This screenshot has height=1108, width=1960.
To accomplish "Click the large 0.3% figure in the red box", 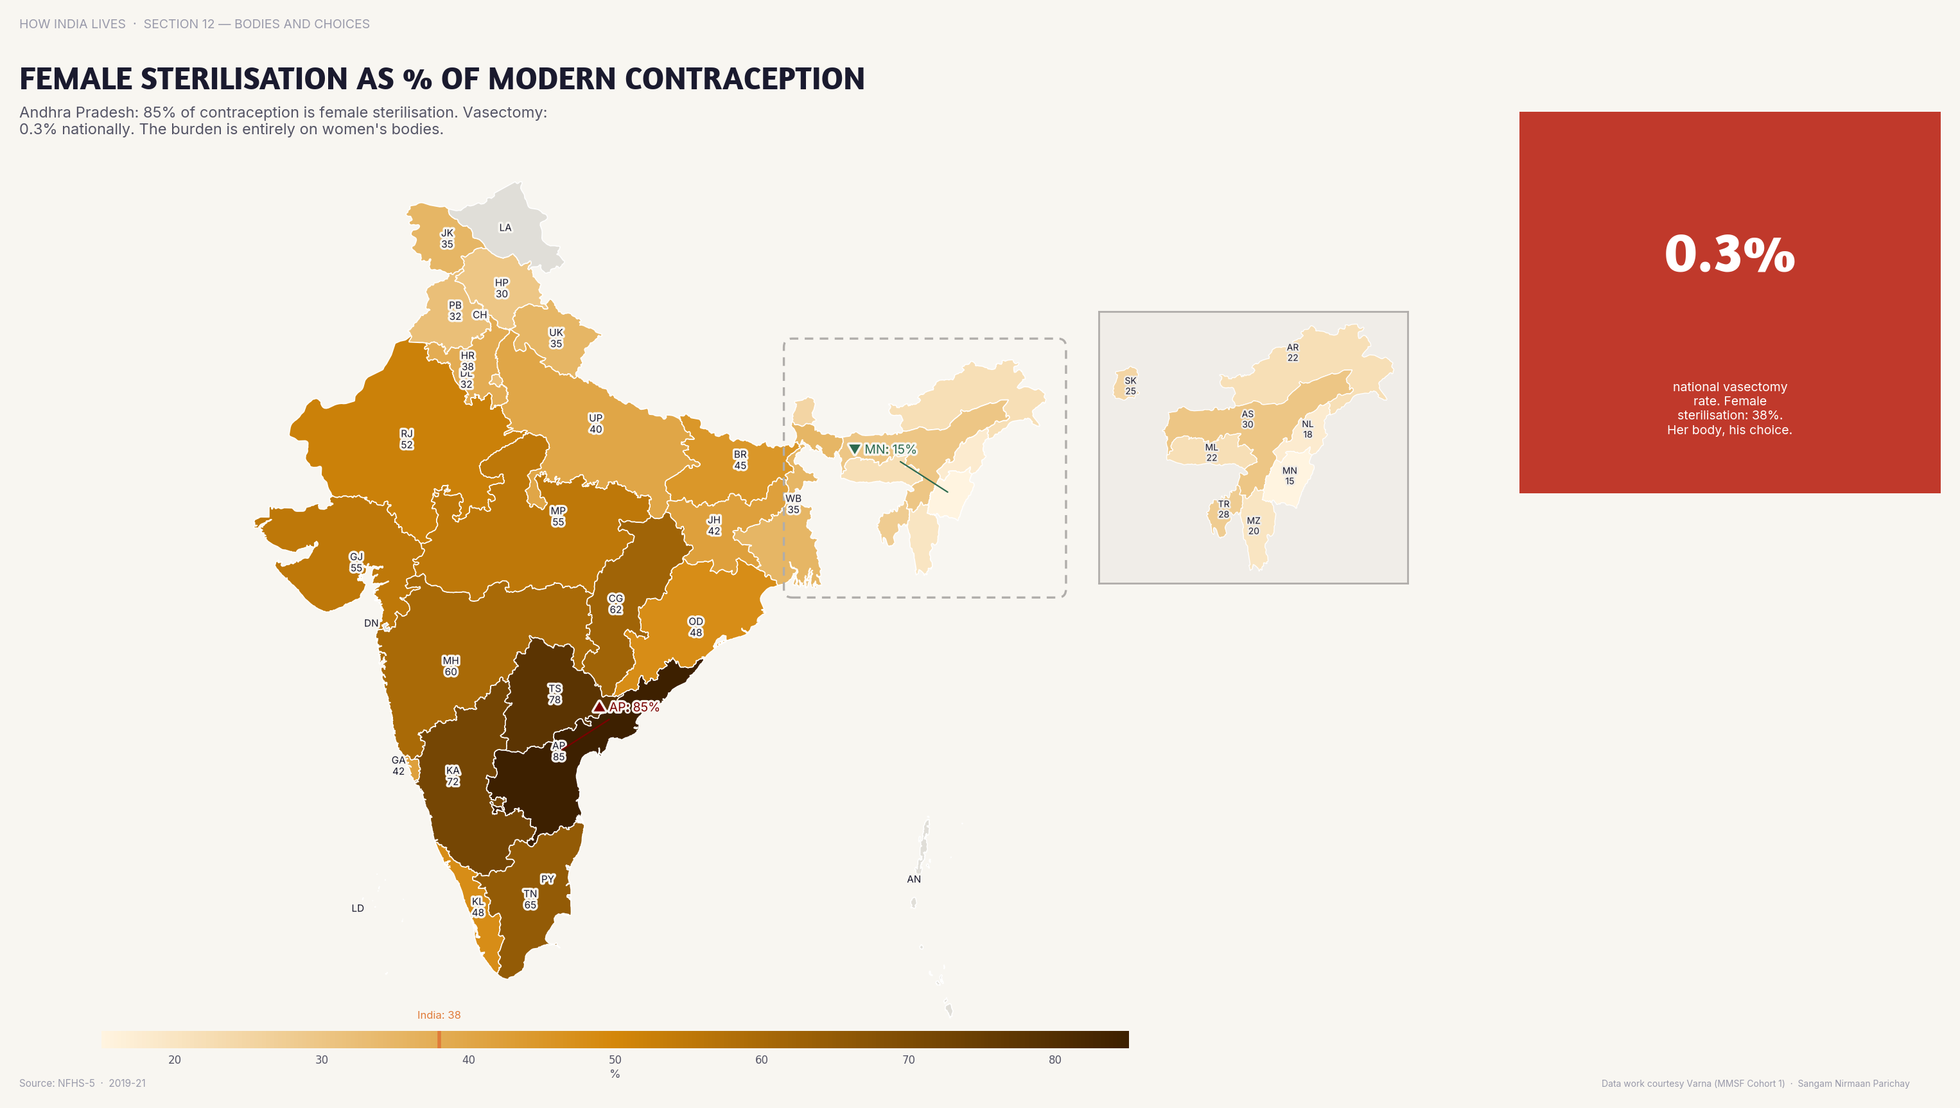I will [1729, 254].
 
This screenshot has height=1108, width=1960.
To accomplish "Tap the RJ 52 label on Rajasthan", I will [407, 439].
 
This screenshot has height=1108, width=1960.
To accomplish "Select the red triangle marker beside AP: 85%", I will [600, 707].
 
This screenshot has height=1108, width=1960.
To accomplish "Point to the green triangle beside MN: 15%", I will [855, 449].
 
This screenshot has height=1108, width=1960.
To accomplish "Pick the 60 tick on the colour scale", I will [761, 1059].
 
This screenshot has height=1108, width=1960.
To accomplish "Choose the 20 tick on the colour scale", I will [174, 1059].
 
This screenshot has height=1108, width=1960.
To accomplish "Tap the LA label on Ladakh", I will [505, 227].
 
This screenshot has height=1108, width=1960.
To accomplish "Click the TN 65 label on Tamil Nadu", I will [530, 899].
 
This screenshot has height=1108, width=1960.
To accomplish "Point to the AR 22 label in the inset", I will [1292, 353].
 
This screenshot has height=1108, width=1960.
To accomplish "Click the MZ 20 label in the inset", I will [1253, 526].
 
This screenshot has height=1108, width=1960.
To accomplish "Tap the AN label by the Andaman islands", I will [914, 879].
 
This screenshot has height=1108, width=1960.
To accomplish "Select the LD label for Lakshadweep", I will [358, 908].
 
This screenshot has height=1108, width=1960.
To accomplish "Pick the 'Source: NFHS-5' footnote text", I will [58, 1083].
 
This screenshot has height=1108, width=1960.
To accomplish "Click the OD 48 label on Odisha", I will [696, 626].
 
